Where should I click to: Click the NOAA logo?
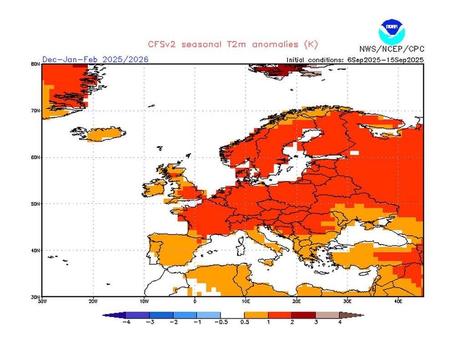click(x=391, y=31)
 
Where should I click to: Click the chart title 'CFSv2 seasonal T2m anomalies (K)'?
click(x=233, y=44)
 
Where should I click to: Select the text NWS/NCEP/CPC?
click(x=391, y=49)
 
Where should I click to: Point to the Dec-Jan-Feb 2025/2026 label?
click(x=95, y=60)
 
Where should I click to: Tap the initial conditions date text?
click(x=355, y=60)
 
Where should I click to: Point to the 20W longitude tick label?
click(x=93, y=301)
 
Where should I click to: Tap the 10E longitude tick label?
click(x=246, y=301)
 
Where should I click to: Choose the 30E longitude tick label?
click(x=347, y=301)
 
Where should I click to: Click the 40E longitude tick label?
click(x=398, y=301)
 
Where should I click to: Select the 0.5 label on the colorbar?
click(x=244, y=322)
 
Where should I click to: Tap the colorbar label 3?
click(x=315, y=322)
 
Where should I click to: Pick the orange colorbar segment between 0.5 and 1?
click(x=256, y=314)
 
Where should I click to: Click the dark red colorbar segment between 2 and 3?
click(x=304, y=314)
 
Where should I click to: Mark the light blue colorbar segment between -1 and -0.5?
click(x=208, y=314)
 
